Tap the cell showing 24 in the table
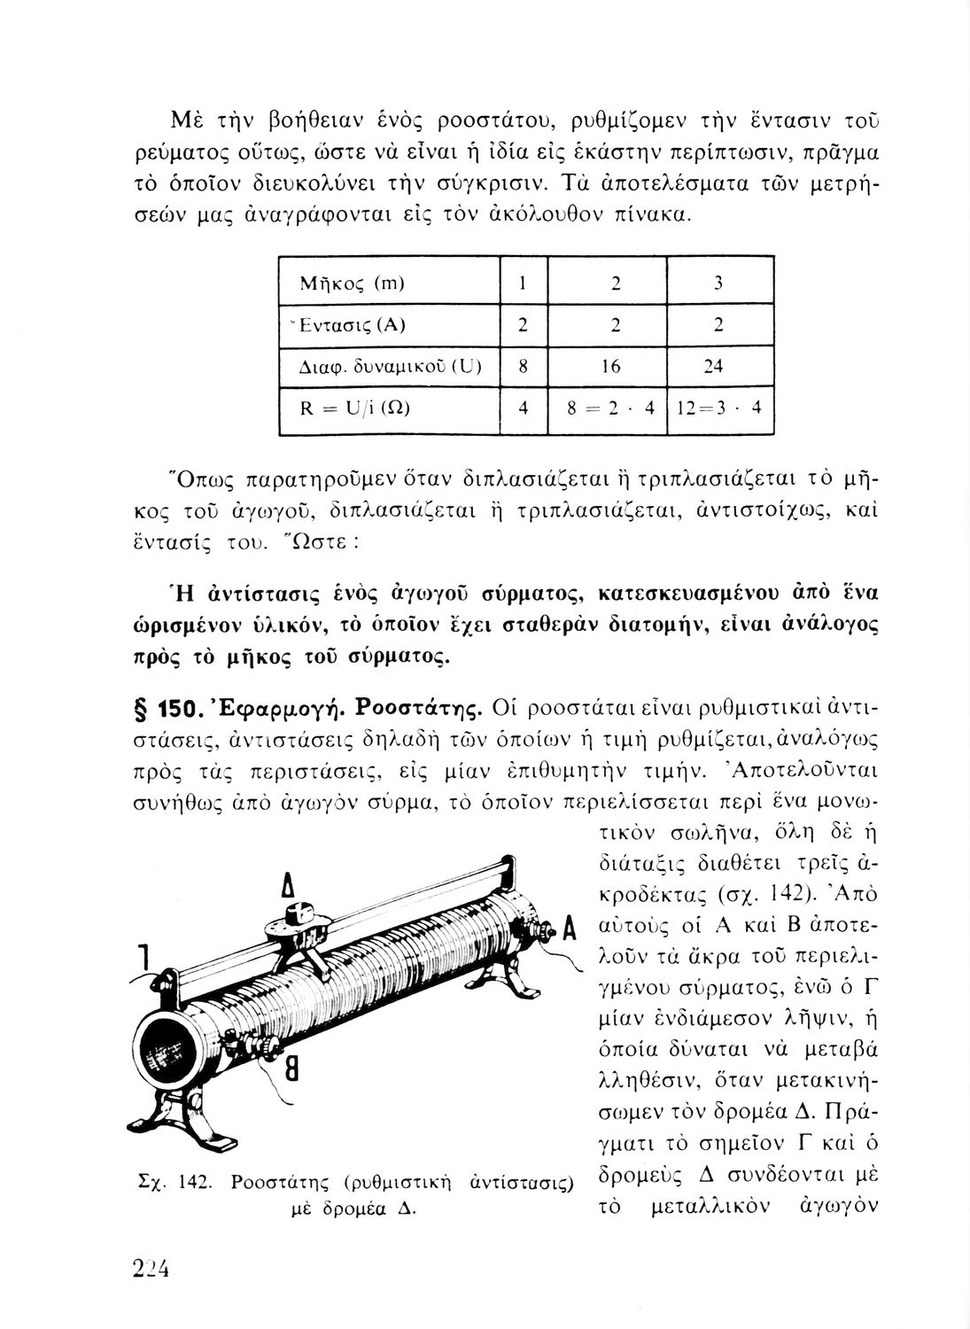pyautogui.click(x=718, y=367)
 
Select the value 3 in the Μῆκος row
pyautogui.click(x=718, y=284)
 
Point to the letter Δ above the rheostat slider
pyautogui.click(x=287, y=889)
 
